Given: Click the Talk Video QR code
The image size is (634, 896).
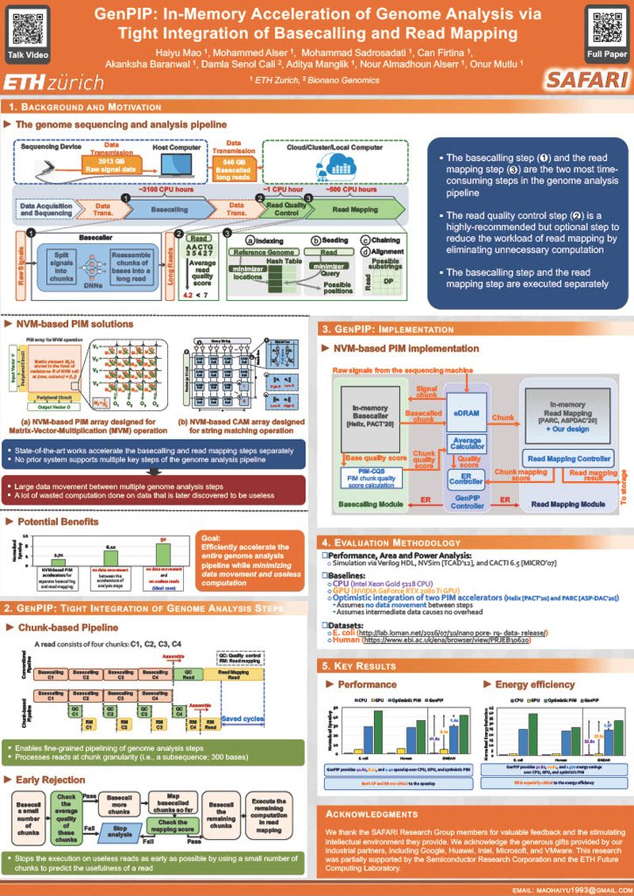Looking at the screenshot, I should point(27,29).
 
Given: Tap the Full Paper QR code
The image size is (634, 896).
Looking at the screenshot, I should point(605,29).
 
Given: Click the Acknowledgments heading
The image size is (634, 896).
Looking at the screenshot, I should point(372,814).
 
